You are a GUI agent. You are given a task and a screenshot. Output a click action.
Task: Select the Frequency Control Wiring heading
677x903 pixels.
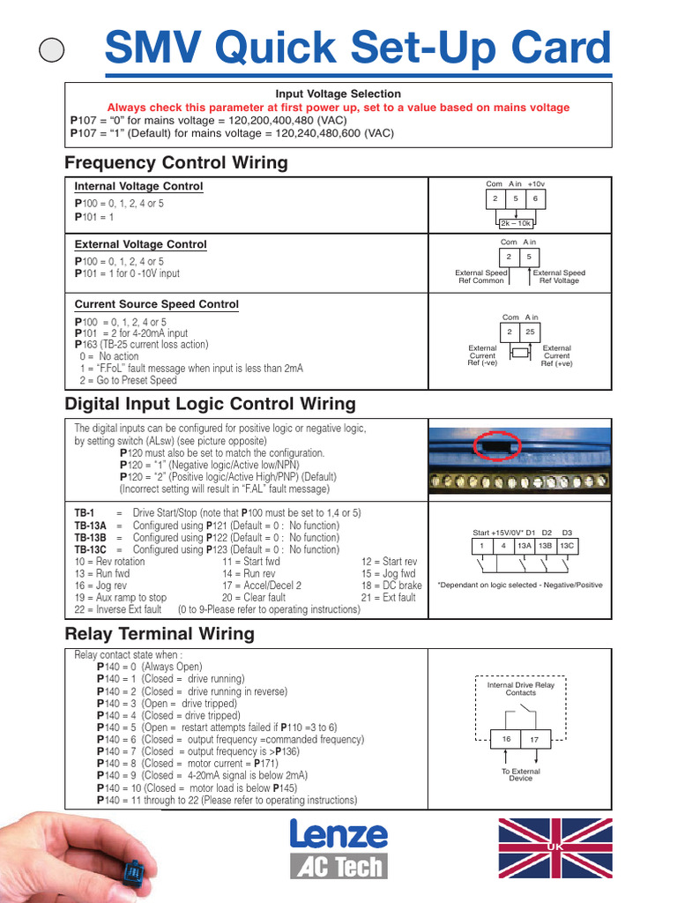tap(176, 162)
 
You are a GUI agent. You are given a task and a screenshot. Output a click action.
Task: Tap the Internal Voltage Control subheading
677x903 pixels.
tap(138, 186)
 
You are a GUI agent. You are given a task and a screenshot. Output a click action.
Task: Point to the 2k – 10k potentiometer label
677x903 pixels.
tap(516, 223)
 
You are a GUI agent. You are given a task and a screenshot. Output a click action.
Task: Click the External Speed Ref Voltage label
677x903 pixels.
tap(559, 277)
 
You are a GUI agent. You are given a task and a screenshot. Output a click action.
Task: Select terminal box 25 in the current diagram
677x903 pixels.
tap(530, 332)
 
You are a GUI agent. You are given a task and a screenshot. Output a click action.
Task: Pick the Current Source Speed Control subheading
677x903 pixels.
tap(156, 304)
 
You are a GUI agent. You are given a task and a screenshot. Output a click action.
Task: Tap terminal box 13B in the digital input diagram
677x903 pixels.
tap(547, 547)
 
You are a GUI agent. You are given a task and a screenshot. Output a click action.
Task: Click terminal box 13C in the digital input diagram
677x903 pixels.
tap(568, 547)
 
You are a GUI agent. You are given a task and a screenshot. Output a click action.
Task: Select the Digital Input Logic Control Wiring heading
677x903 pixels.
tap(211, 404)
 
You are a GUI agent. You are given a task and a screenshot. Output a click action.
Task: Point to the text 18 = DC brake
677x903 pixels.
tap(392, 585)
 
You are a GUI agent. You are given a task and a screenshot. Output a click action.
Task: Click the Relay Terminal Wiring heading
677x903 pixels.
tap(160, 633)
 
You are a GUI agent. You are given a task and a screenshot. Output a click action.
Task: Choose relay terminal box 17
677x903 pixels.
tap(535, 739)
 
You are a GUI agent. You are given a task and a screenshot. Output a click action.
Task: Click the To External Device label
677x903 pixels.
tap(520, 775)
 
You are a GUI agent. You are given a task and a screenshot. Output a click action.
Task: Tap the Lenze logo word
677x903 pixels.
tap(338, 835)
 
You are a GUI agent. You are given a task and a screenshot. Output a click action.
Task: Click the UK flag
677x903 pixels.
tap(554, 847)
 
